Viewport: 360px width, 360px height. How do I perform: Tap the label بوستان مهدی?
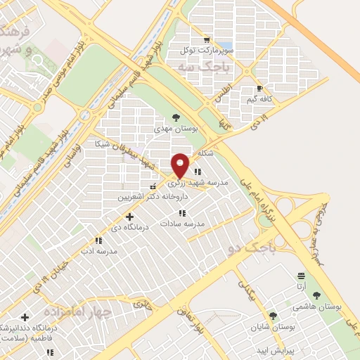coord(176,129)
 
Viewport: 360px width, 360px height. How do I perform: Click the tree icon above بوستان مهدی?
coord(176,117)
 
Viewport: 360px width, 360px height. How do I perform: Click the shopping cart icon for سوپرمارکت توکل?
coord(206,40)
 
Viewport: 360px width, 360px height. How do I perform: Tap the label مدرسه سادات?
coord(183,223)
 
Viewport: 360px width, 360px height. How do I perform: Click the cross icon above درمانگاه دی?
coord(129,217)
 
